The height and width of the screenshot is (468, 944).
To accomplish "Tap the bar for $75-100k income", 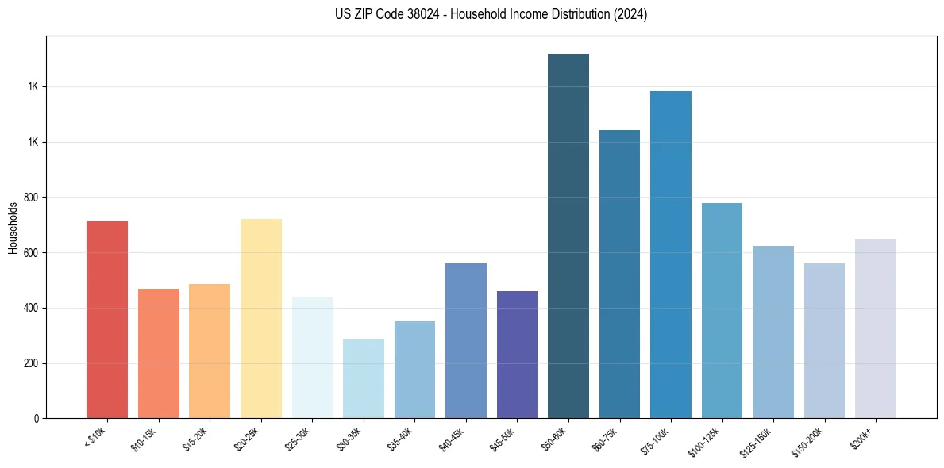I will [670, 255].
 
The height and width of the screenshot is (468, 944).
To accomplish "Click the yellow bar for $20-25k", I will [260, 318].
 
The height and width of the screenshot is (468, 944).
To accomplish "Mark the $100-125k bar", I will [722, 310].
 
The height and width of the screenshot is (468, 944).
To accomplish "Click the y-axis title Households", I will [13, 228].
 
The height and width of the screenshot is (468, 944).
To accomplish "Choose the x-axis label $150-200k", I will [809, 441].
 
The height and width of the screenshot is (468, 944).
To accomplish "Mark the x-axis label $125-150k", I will [758, 441].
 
